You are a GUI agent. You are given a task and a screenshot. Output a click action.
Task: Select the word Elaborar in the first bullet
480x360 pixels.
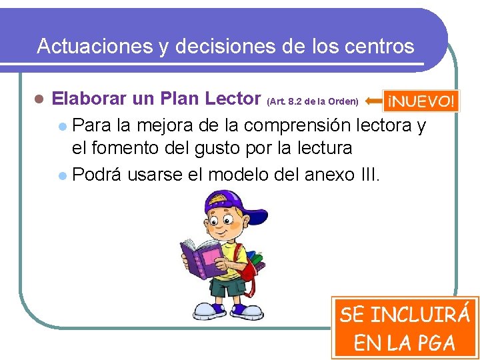pos(89,100)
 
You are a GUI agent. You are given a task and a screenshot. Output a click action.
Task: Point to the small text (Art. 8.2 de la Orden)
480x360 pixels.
pos(313,102)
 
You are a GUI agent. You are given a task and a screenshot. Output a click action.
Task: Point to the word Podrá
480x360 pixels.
pos(97,175)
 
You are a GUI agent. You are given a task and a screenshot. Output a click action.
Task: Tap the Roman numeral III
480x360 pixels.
pos(370,175)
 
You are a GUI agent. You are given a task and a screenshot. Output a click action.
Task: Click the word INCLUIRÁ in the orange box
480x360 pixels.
pos(419,315)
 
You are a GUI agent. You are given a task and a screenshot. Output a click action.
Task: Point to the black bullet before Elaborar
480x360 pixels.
pos(39,101)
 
